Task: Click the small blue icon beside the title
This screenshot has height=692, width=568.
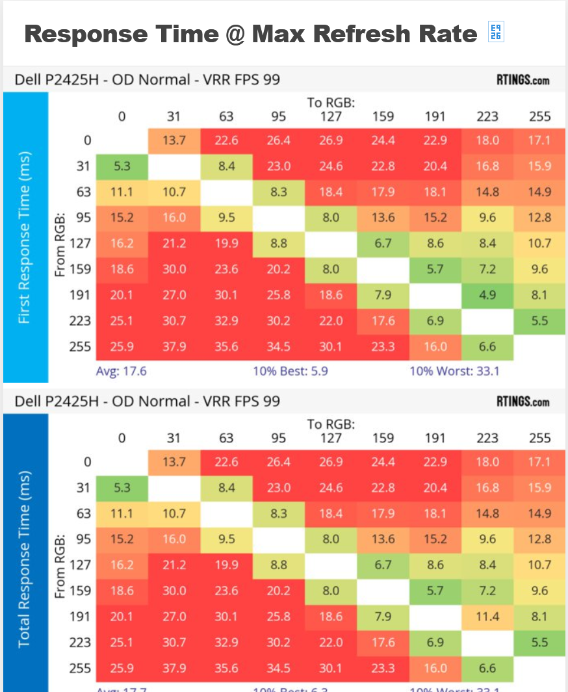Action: pyautogui.click(x=496, y=32)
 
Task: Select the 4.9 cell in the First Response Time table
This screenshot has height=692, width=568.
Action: pyautogui.click(x=487, y=295)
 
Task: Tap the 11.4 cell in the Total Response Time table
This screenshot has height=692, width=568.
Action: pyautogui.click(x=487, y=617)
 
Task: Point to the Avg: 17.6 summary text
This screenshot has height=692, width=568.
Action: pyautogui.click(x=121, y=372)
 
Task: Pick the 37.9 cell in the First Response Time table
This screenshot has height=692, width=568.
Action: pyautogui.click(x=174, y=346)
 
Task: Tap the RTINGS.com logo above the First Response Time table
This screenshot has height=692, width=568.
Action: pyautogui.click(x=523, y=81)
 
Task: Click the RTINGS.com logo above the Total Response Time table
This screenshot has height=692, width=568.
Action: pyautogui.click(x=523, y=402)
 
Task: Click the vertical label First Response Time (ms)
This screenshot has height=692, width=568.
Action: pyautogui.click(x=25, y=237)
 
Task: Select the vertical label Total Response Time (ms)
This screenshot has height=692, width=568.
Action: pyautogui.click(x=25, y=559)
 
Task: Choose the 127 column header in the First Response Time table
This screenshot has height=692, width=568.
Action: pyautogui.click(x=331, y=117)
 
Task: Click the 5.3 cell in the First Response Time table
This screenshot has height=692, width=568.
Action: pyautogui.click(x=122, y=166)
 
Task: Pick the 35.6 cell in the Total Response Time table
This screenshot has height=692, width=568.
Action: pyautogui.click(x=226, y=668)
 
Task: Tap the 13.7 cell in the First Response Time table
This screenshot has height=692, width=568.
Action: pyautogui.click(x=174, y=140)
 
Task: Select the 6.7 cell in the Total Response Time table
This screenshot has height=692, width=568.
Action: pyautogui.click(x=383, y=565)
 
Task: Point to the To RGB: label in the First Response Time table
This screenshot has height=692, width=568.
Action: pyautogui.click(x=331, y=102)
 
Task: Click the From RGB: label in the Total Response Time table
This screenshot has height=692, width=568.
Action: pyautogui.click(x=60, y=565)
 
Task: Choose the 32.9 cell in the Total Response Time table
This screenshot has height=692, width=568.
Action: pyautogui.click(x=226, y=643)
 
